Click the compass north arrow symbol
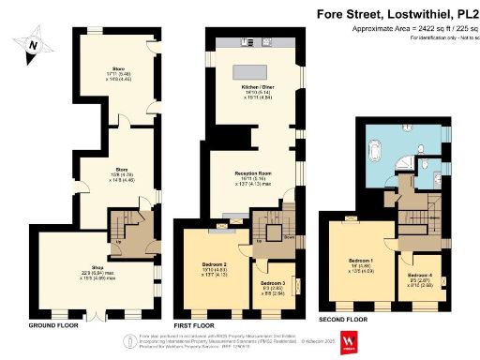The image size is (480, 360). [34, 44]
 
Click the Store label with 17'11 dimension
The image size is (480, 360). [119, 72]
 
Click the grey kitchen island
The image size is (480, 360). [254, 69]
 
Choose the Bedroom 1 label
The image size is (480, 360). [361, 261]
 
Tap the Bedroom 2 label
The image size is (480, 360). [216, 268]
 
